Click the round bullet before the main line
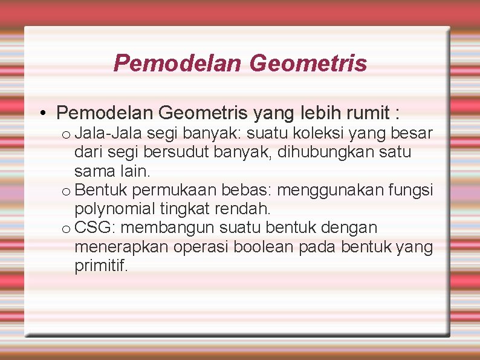click(x=45, y=113)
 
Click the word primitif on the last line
click(x=101, y=266)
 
